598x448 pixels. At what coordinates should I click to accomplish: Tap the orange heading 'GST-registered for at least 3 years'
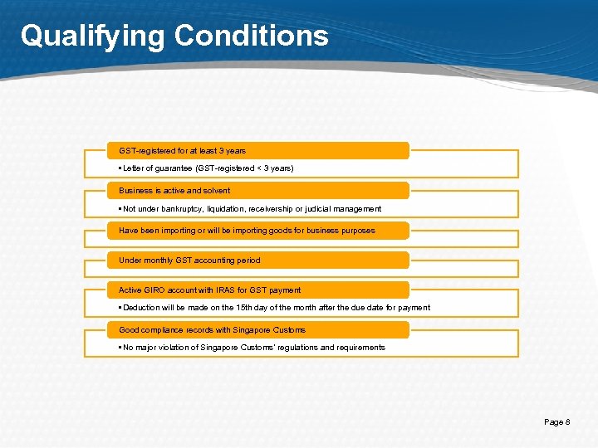point(182,151)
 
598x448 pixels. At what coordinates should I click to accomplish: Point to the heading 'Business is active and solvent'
point(174,191)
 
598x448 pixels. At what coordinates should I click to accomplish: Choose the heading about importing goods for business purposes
point(247,231)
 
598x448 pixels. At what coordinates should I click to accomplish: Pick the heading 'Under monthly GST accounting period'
point(189,261)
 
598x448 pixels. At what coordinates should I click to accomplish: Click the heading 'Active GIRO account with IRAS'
point(209,290)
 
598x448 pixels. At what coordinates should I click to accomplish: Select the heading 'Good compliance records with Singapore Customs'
point(212,330)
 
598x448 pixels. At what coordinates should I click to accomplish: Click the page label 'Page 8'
point(556,422)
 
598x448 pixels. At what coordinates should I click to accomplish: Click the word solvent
point(216,191)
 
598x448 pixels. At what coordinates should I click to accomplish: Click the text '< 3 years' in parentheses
point(273,168)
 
